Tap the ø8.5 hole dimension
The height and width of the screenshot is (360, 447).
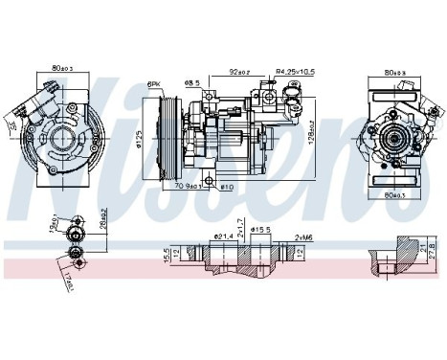pyautogui.click(x=192, y=82)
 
